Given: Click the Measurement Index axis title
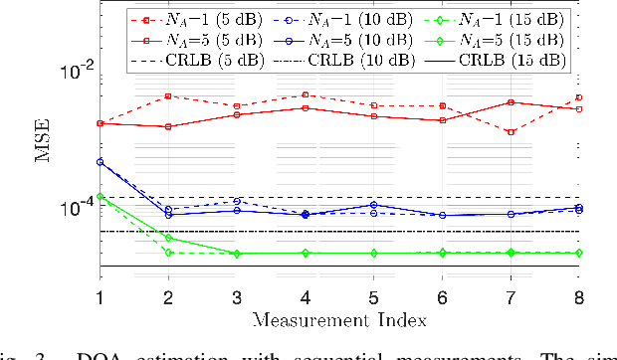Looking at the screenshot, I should click(338, 319).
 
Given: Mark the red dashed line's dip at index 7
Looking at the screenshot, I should click(512, 132).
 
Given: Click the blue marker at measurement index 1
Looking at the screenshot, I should click(100, 161).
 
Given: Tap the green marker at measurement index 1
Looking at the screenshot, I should click(100, 197).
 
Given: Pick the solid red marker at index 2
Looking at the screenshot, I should click(168, 127).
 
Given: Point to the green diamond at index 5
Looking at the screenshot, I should click(374, 254).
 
